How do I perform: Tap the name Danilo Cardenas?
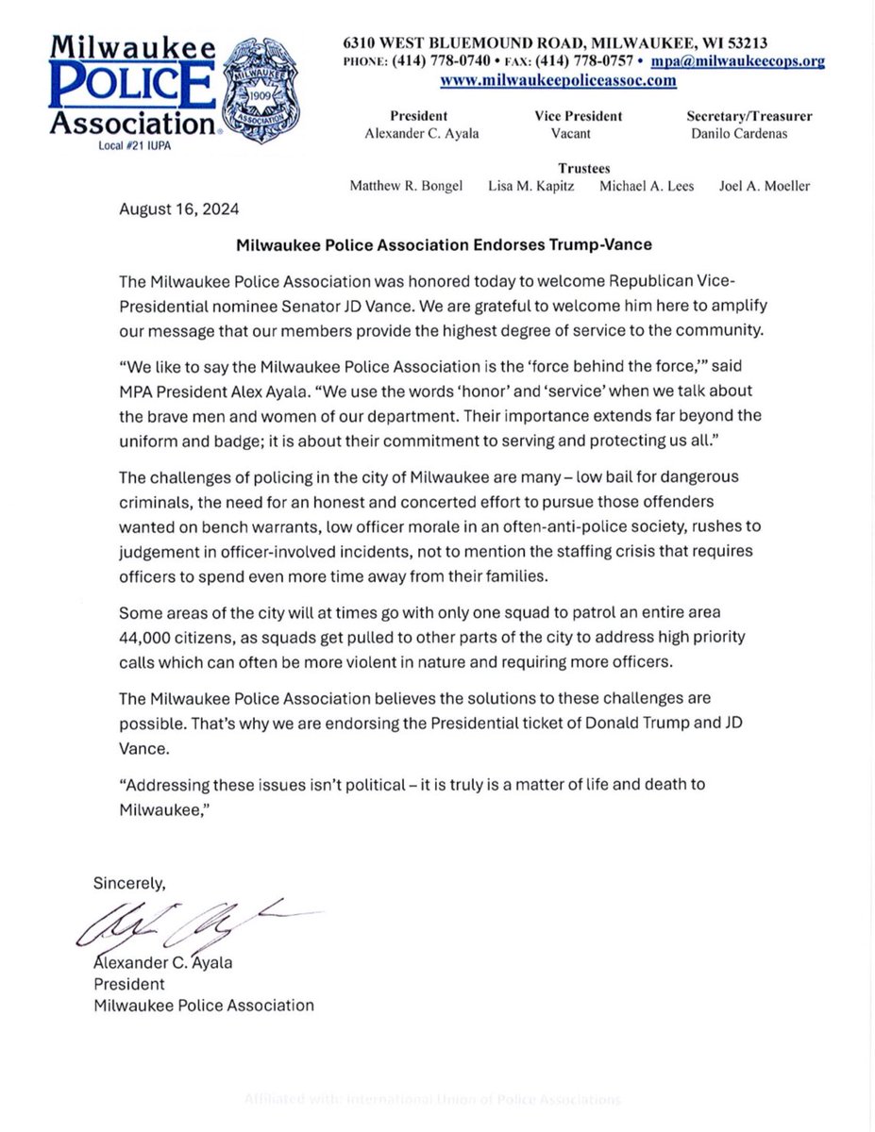(749, 134)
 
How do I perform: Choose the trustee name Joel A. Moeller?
(764, 186)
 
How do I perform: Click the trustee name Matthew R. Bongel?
(407, 186)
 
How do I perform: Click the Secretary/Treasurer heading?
(749, 117)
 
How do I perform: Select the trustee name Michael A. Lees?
(647, 186)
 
